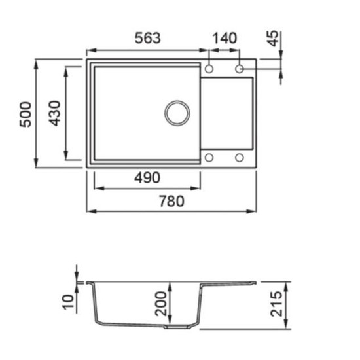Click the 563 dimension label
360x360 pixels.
147,38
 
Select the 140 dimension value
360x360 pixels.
225,39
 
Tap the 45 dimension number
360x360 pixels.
274,39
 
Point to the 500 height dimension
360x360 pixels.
26,115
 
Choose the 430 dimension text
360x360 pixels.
55,113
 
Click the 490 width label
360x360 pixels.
147,178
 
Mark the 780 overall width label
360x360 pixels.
171,201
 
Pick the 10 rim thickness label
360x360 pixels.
69,302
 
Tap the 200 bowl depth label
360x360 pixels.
160,304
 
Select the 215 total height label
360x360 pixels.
276,304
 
